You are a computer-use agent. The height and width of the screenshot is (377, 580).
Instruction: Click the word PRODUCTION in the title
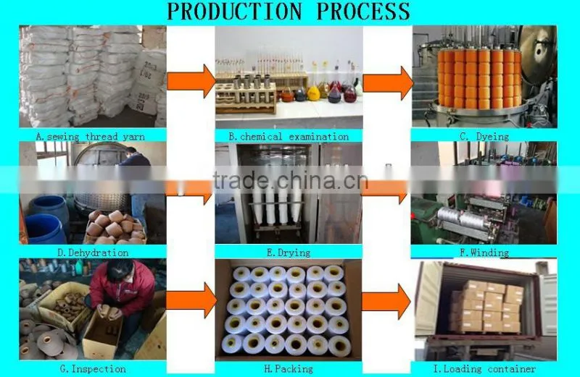coord(234,11)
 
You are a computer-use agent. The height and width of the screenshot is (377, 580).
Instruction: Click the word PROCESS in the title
coord(363,11)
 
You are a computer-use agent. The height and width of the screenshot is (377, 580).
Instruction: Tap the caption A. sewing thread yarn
coord(90,137)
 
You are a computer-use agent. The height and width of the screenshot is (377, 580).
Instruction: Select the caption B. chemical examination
coord(289,137)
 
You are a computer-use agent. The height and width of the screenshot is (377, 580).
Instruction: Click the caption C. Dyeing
coord(484,137)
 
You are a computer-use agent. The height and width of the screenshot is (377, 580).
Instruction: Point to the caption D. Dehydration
coord(93,253)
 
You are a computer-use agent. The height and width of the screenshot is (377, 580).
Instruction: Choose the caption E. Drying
coord(289,253)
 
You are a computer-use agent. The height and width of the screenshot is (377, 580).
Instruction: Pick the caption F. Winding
coord(484,253)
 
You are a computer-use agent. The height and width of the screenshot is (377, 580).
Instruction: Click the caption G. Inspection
coord(93,368)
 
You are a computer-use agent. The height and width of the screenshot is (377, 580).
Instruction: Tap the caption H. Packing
coord(289,368)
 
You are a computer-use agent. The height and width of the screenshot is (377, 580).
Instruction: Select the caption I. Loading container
coord(484,368)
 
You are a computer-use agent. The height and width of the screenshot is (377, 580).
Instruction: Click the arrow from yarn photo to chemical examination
coord(191,81)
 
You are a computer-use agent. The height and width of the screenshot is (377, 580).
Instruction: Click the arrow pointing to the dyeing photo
coord(388,83)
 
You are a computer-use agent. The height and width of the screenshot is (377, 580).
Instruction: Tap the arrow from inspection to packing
coord(191,301)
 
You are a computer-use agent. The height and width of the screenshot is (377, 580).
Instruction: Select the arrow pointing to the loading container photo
coord(386,302)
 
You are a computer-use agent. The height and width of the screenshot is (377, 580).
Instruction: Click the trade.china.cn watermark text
coord(291,180)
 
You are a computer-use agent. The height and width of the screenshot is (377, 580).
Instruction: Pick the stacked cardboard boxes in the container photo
coord(486,306)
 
